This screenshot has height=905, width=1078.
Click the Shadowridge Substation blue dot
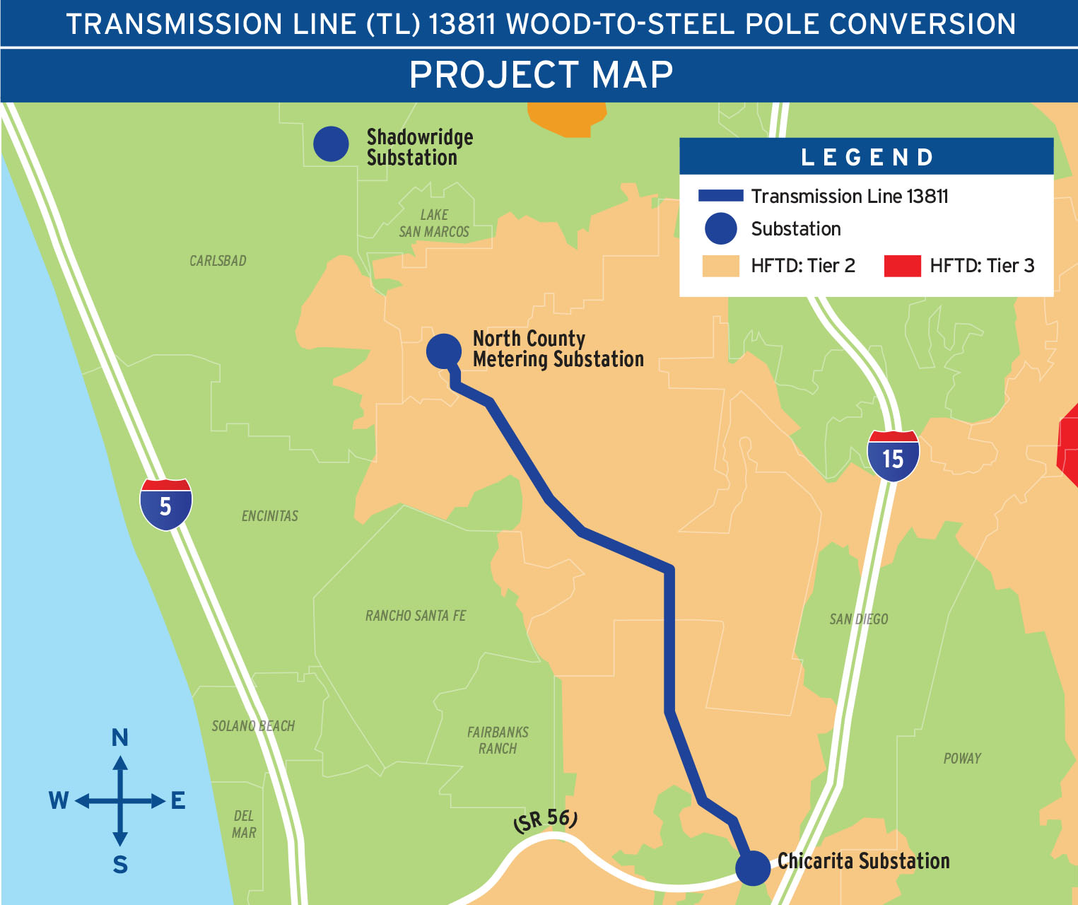coord(331,144)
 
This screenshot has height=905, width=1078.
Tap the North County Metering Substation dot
coord(444,351)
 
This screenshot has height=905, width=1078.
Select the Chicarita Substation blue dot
coord(753,868)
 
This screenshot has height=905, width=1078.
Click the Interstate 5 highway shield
coord(166,504)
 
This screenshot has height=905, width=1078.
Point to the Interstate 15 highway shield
coord(894,457)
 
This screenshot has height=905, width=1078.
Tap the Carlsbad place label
coord(218,261)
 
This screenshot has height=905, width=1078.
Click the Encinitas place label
coord(270,516)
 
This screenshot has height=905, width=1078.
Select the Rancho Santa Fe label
coord(416,616)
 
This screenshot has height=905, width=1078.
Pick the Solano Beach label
coord(253,726)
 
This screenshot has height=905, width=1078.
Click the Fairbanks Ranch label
coord(498,740)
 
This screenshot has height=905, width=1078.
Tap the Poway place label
coord(962,759)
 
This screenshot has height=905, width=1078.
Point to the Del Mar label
coord(244,824)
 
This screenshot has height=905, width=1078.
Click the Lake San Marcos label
coord(434,223)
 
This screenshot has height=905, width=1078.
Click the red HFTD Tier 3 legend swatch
coord(903,266)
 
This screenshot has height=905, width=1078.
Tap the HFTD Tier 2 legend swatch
coord(720,266)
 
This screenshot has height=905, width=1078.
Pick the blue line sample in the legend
coord(720,196)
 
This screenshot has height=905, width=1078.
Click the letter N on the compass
coord(120,738)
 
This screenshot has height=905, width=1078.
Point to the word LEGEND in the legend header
coord(867,157)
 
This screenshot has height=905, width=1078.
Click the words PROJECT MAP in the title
coord(541,75)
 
